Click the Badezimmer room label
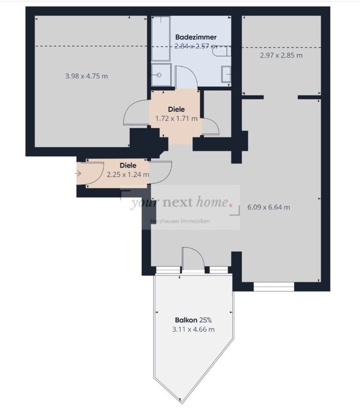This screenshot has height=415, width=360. click(196, 37)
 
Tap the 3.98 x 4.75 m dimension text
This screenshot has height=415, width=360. click(86, 76)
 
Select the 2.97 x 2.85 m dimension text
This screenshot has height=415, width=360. click(281, 55)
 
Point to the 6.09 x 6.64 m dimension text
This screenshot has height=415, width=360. click(269, 207)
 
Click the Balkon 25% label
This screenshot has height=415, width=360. click(193, 320)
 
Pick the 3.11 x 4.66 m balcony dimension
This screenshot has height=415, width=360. click(193, 330)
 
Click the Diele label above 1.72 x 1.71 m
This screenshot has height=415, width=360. click(176, 109)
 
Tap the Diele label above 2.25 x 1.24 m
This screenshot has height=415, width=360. click(128, 166)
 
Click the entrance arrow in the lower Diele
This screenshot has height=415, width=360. click(78, 174)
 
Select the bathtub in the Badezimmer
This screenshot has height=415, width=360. click(161, 38)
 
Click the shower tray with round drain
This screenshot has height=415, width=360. click(161, 75)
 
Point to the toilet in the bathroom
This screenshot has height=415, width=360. click(222, 51)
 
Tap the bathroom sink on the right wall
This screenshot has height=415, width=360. click(226, 74)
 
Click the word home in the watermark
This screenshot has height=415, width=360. click(212, 202)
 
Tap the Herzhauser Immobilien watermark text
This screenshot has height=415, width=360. click(180, 221)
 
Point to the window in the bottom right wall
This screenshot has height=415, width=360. click(274, 287)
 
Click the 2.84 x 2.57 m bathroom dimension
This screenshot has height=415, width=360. click(196, 46)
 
